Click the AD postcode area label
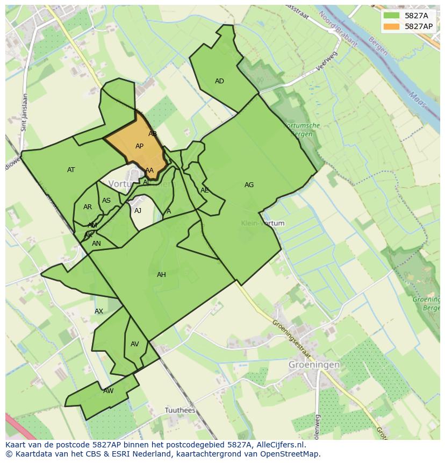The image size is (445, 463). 219,81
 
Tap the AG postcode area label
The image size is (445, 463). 249,185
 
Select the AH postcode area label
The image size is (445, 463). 161,275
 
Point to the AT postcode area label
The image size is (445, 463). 71,170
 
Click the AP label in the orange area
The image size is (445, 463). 139,146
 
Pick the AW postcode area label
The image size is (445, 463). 109,391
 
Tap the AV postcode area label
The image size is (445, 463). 135,344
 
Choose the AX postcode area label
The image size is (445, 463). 99,311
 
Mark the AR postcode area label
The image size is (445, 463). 88,207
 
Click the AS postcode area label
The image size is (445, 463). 106,201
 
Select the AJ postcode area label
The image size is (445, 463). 138,211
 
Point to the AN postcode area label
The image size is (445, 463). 96,244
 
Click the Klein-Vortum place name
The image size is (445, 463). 263,223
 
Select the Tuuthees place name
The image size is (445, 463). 180,410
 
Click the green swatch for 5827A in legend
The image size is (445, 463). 391,16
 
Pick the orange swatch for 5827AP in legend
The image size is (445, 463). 391,26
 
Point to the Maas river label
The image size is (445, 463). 417,99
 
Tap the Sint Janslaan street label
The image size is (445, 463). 24,113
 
